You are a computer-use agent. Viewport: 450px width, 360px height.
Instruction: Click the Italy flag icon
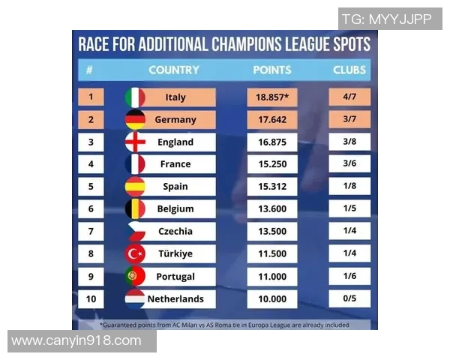click(x=135, y=97)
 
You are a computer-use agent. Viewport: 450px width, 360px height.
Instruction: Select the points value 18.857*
click(x=271, y=97)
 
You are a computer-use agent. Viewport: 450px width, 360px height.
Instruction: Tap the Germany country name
click(x=175, y=119)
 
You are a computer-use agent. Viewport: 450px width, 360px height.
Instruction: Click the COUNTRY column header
click(x=174, y=70)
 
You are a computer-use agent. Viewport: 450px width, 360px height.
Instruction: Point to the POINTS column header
click(x=271, y=70)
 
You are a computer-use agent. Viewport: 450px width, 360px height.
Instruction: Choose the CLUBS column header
click(x=349, y=70)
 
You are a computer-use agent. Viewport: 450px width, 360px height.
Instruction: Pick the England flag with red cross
click(x=135, y=142)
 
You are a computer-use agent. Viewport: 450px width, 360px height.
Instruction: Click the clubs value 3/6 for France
click(x=349, y=164)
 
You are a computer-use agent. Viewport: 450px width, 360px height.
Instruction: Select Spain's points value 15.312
click(x=271, y=186)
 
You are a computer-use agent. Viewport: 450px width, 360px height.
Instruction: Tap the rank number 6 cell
click(x=91, y=208)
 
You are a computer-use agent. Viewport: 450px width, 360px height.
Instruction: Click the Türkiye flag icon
click(x=135, y=253)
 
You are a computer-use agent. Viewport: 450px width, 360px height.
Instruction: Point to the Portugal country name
click(x=175, y=276)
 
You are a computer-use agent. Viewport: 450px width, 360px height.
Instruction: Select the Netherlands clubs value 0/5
click(x=349, y=298)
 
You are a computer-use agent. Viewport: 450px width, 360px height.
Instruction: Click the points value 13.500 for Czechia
click(x=271, y=231)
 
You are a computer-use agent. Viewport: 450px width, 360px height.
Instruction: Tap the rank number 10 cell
click(x=91, y=298)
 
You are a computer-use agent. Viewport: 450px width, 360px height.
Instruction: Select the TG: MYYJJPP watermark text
click(x=387, y=19)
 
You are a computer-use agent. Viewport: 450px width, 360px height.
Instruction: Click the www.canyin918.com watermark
click(x=76, y=341)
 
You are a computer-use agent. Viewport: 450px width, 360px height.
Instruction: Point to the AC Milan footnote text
click(x=225, y=324)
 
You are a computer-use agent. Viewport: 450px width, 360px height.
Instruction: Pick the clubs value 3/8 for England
click(x=349, y=142)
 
